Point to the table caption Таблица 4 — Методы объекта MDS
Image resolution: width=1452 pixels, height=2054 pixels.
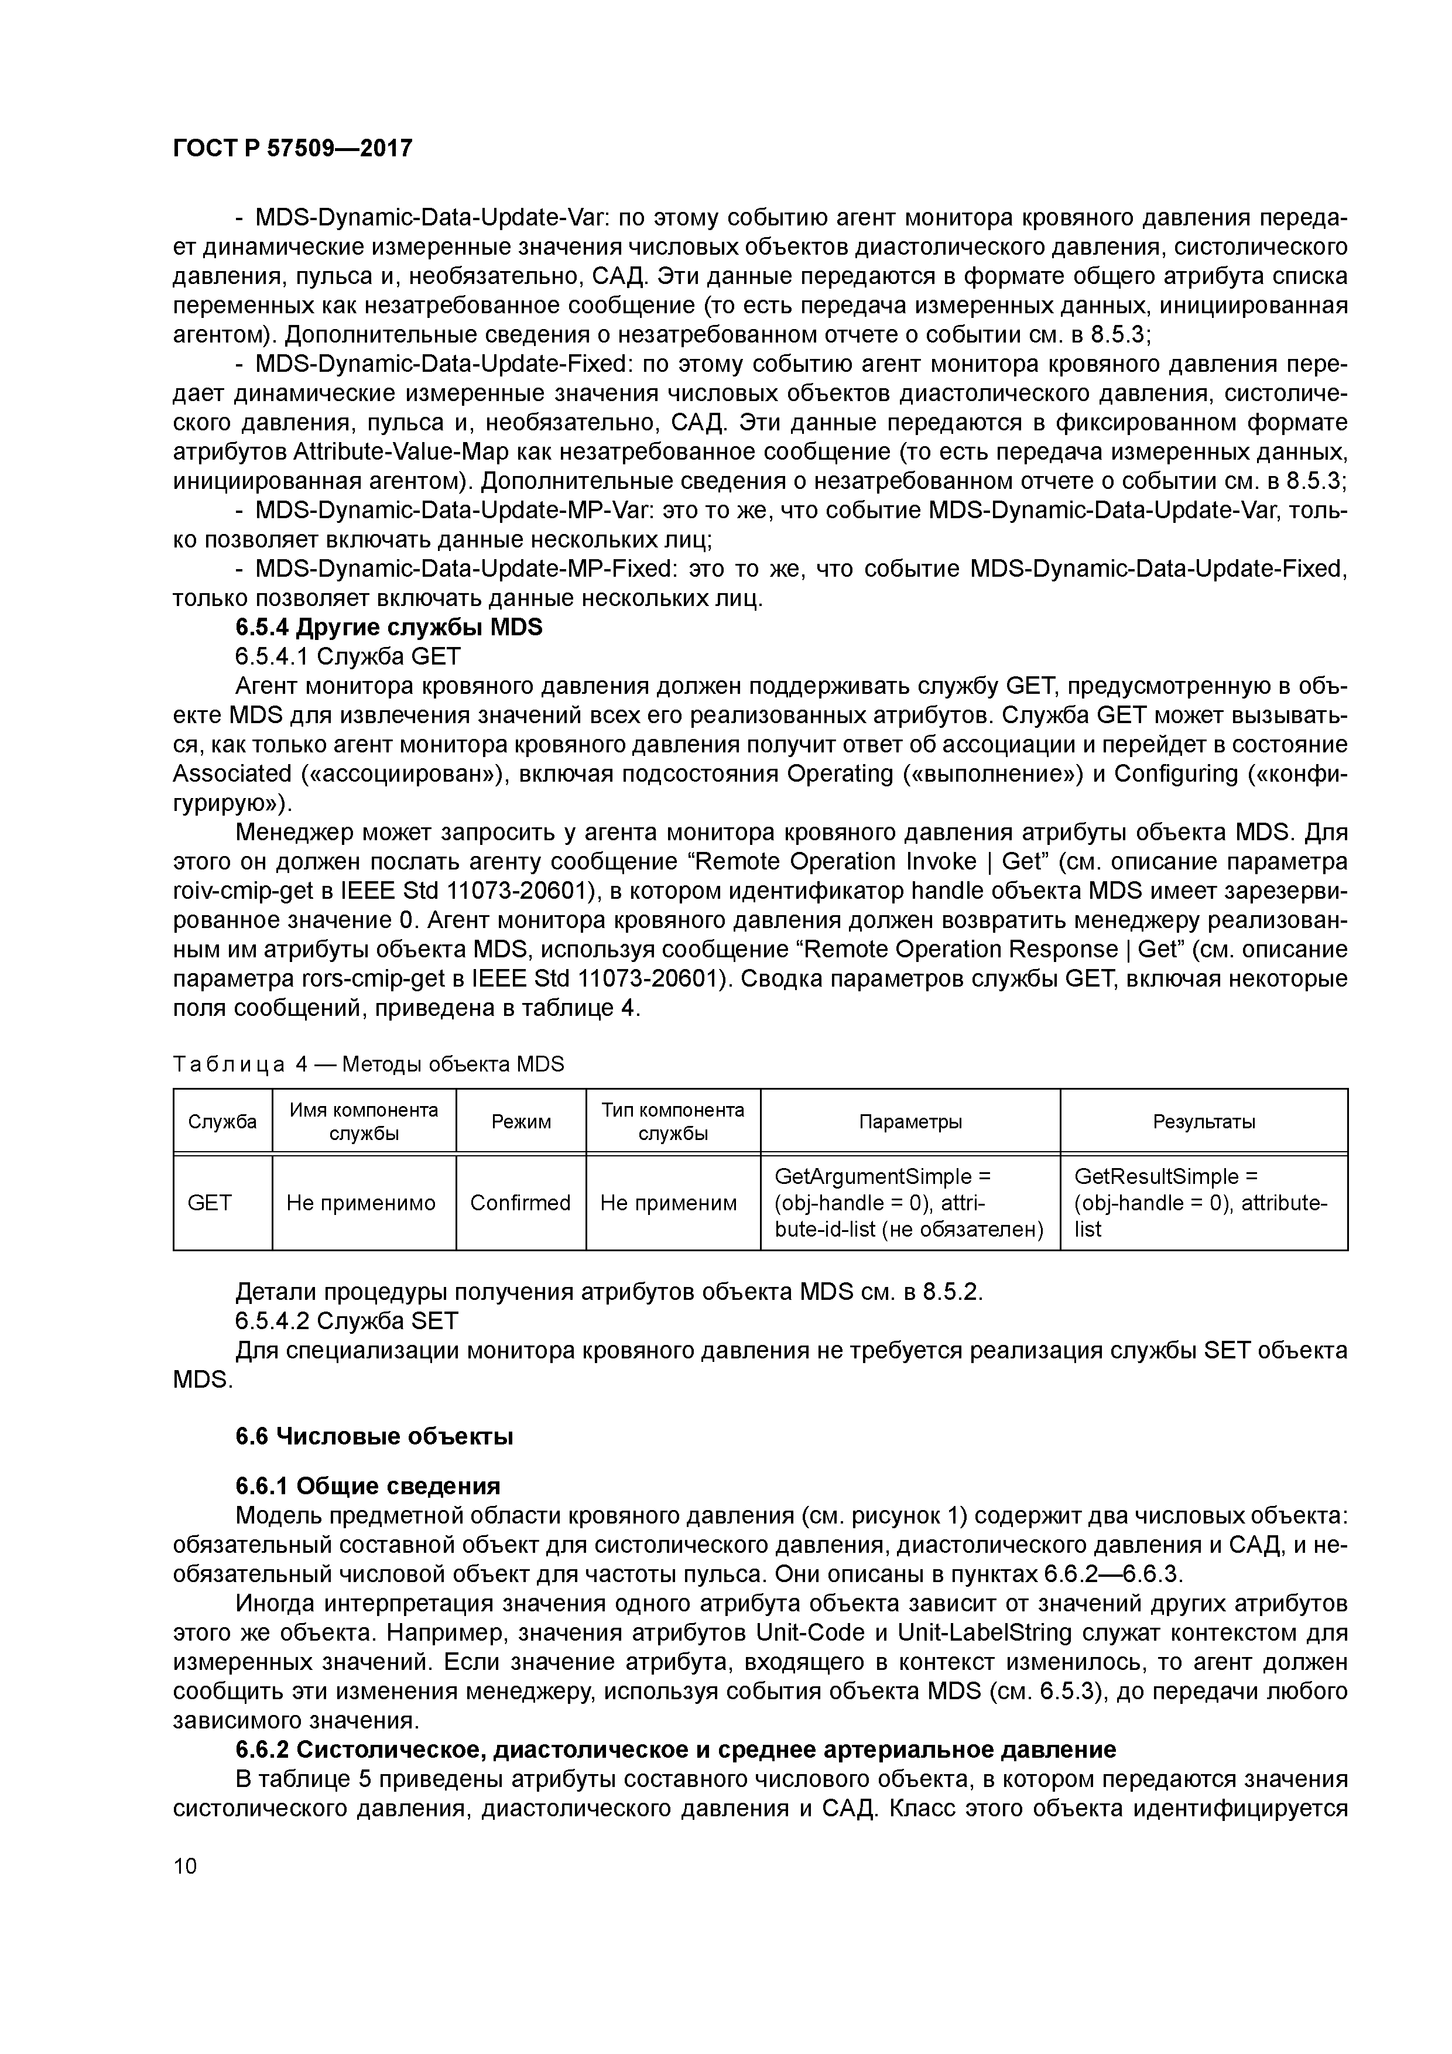point(369,1064)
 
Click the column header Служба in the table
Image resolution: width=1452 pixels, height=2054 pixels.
point(222,1121)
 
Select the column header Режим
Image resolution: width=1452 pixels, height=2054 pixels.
point(520,1121)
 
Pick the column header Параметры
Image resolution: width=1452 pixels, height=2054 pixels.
point(910,1121)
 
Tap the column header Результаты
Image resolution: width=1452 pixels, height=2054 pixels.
point(1203,1121)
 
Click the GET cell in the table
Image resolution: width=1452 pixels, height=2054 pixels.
point(210,1202)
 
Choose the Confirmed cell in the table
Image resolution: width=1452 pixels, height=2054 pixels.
point(520,1202)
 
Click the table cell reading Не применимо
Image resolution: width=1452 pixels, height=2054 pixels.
point(361,1202)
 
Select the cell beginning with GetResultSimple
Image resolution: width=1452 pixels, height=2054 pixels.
point(1201,1202)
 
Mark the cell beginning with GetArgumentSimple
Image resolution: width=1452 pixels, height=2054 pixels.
point(908,1202)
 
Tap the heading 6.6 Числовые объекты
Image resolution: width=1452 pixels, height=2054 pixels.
point(374,1437)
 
